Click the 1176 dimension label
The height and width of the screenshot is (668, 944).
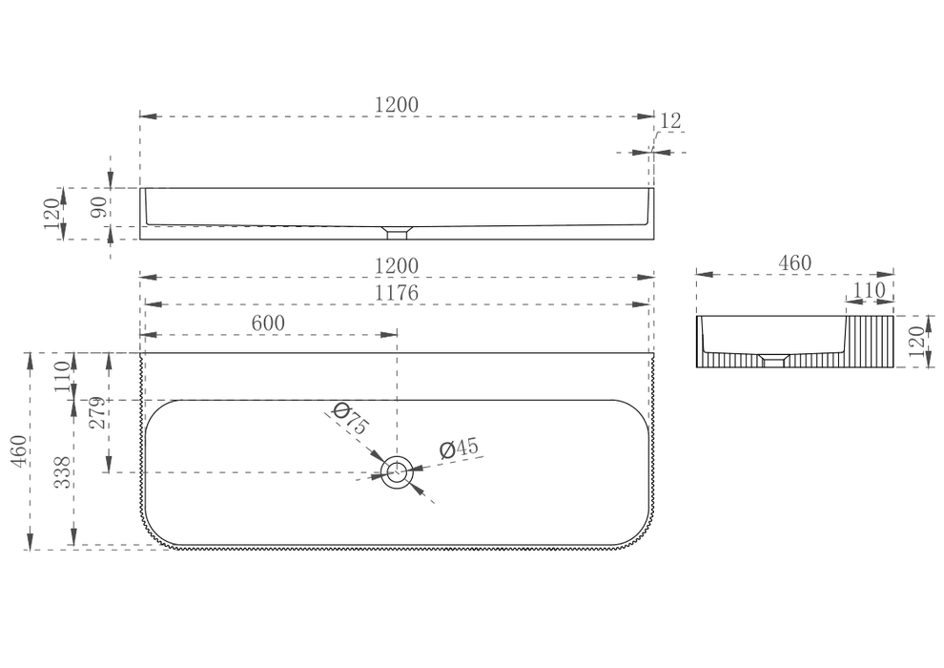point(396,293)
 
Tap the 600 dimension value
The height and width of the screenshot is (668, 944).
point(268,324)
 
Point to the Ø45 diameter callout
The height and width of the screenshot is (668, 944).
point(459,449)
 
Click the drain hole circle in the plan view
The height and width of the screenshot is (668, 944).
point(398,472)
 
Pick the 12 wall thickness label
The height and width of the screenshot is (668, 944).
point(670,121)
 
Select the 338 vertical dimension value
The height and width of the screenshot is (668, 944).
point(63,472)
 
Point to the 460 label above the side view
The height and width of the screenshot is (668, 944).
point(794,263)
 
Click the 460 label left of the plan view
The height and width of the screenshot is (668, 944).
point(19,450)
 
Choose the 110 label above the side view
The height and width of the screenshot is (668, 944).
point(870,291)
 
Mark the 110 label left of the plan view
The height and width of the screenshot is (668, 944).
point(63,376)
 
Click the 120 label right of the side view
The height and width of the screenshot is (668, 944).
point(915,342)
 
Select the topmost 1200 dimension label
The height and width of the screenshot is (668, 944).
point(396,105)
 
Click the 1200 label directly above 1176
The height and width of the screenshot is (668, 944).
point(396,265)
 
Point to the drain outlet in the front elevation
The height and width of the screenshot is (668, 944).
point(398,233)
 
